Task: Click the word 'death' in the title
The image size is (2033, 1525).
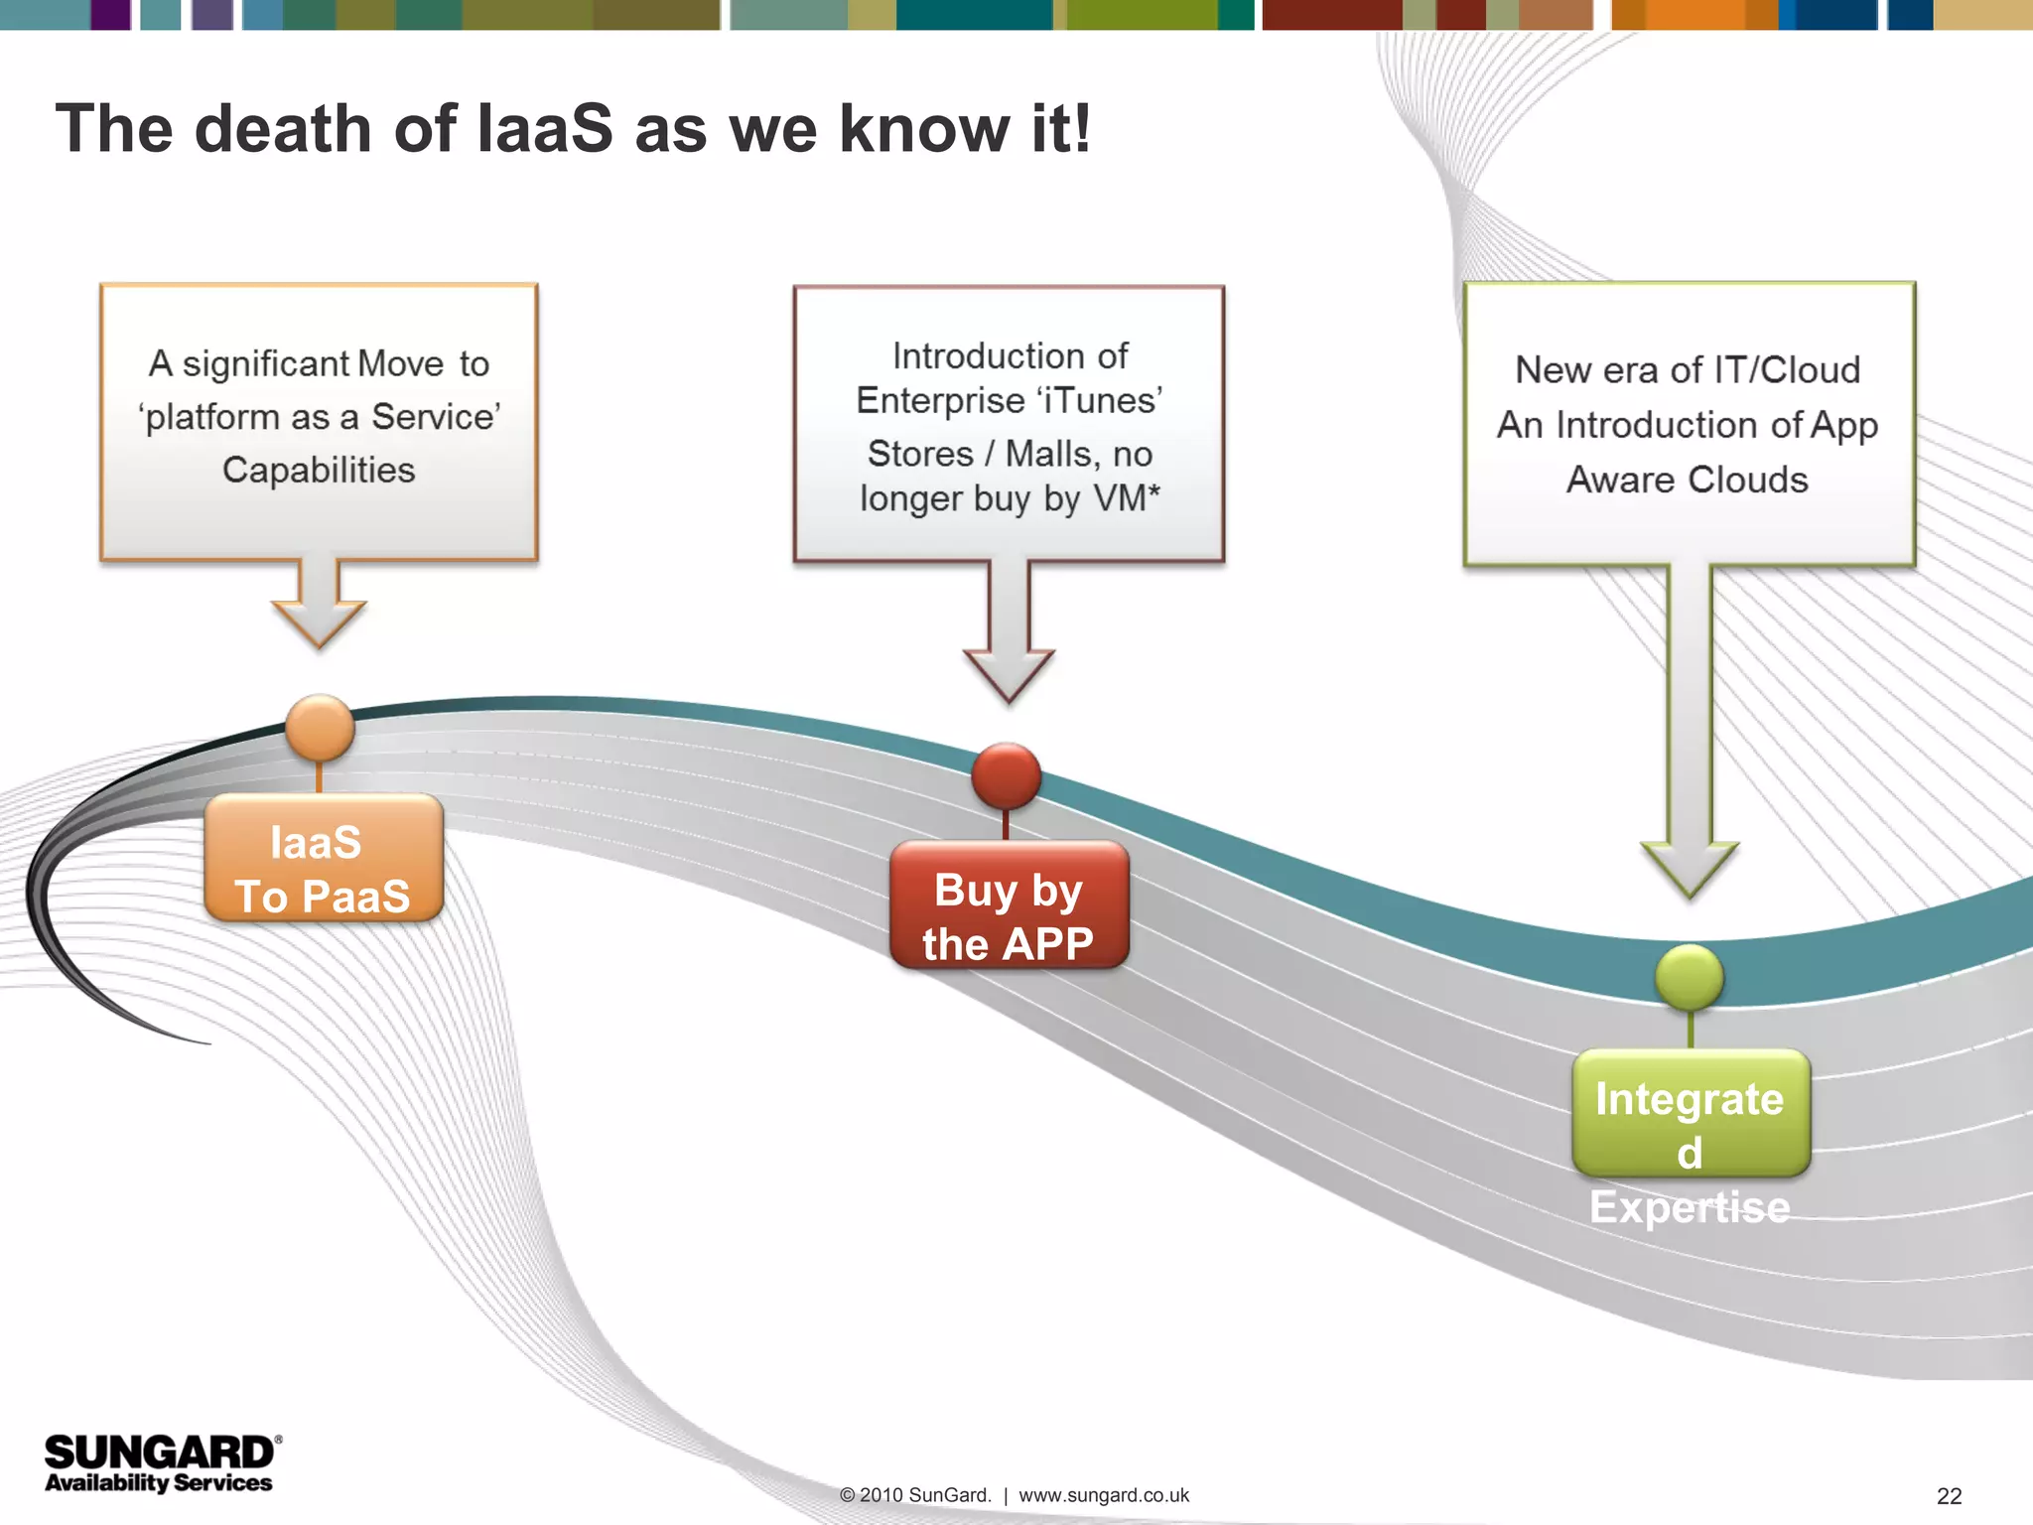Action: point(282,129)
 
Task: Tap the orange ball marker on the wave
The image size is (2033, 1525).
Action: point(320,728)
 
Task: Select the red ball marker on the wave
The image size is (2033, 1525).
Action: point(1006,775)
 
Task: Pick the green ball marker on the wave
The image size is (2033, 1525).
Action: point(1690,977)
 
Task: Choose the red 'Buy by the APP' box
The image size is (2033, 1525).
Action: point(1009,904)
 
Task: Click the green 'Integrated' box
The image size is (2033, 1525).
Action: point(1691,1113)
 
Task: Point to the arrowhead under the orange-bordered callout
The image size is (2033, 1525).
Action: point(319,623)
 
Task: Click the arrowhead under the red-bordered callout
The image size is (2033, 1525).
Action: point(1009,674)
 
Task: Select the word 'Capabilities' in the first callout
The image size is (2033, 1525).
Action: point(319,470)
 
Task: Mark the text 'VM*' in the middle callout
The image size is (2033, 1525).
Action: point(1127,497)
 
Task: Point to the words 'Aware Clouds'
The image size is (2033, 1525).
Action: point(1687,480)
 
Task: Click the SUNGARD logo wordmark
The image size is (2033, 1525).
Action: point(159,1453)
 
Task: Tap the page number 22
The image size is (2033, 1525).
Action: point(1949,1496)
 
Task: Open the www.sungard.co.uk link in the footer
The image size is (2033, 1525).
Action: point(1103,1495)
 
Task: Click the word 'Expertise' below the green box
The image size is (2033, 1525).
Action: point(1690,1207)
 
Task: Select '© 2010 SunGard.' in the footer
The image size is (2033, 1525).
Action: point(914,1495)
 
